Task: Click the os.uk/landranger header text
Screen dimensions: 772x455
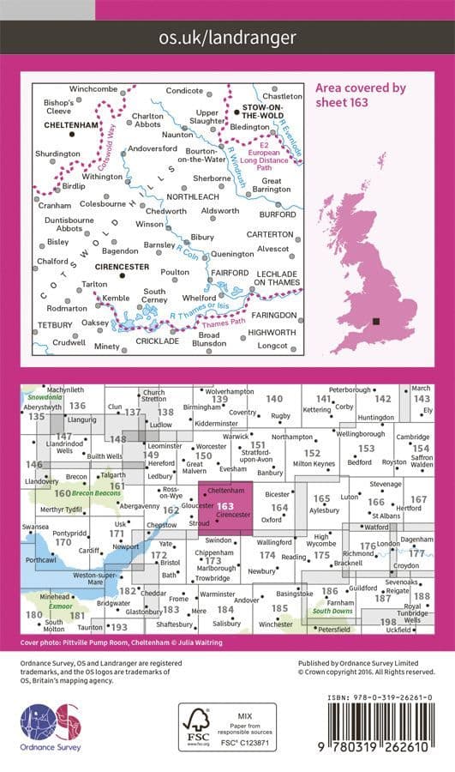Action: click(227, 37)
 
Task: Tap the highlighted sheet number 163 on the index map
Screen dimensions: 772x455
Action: click(225, 506)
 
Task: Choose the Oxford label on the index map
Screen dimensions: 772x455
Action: click(272, 519)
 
